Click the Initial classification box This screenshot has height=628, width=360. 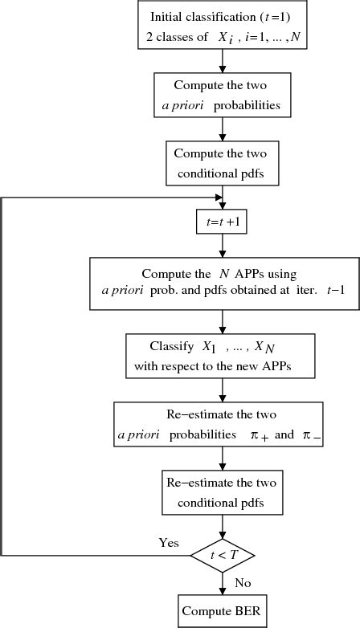point(221,27)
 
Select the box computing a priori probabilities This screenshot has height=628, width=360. point(221,96)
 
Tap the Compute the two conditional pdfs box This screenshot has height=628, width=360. point(221,163)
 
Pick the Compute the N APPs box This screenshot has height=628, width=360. point(221,283)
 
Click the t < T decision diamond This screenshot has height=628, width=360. point(221,555)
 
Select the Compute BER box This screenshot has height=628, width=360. point(221,610)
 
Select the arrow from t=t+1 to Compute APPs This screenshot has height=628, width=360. point(221,246)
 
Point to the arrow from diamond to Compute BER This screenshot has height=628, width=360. point(221,582)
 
